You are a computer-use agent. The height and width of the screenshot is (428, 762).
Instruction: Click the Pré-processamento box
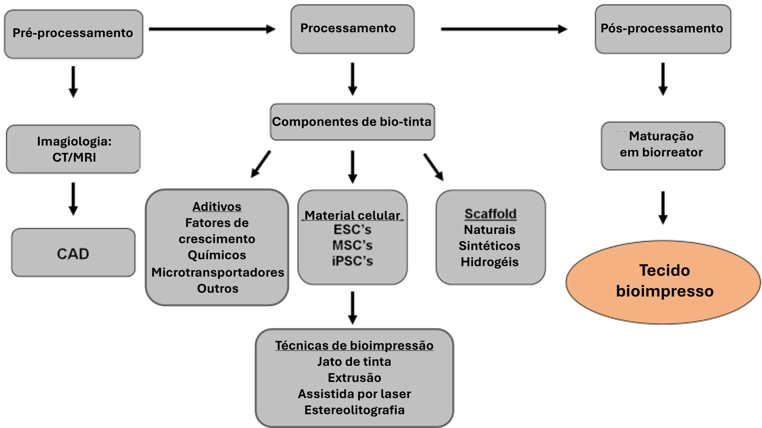pyautogui.click(x=73, y=34)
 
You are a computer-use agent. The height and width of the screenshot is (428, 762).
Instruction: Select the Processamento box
pyautogui.click(x=352, y=29)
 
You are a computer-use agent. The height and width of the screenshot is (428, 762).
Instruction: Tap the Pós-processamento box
pyautogui.click(x=663, y=29)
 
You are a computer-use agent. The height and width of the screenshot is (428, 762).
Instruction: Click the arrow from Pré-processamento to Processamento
pyautogui.click(x=212, y=29)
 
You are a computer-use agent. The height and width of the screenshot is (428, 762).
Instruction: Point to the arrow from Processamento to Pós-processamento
pyautogui.click(x=504, y=29)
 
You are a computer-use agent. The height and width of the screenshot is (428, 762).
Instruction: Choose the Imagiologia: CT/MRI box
pyautogui.click(x=73, y=149)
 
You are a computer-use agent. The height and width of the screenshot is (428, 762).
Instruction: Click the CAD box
pyautogui.click(x=73, y=253)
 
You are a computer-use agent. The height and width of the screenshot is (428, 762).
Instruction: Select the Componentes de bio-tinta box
pyautogui.click(x=352, y=122)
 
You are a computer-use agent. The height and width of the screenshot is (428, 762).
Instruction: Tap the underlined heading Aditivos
pyautogui.click(x=217, y=207)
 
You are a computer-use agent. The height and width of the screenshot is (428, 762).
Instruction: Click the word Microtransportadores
pyautogui.click(x=218, y=272)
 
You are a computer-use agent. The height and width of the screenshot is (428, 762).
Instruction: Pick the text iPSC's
pyautogui.click(x=352, y=261)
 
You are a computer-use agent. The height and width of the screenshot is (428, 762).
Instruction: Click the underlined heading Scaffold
pyautogui.click(x=490, y=214)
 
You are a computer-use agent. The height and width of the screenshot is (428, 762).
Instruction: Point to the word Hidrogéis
pyautogui.click(x=490, y=262)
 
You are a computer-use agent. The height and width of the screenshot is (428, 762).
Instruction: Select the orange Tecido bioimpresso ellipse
pyautogui.click(x=663, y=282)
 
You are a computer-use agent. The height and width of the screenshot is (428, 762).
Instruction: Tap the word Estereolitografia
pyautogui.click(x=354, y=410)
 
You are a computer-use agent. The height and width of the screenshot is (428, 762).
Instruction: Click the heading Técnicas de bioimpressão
pyautogui.click(x=354, y=346)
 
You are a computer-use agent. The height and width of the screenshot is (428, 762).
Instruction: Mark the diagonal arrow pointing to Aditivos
pyautogui.click(x=261, y=164)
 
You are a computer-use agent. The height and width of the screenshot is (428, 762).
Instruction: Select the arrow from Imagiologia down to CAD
pyautogui.click(x=73, y=199)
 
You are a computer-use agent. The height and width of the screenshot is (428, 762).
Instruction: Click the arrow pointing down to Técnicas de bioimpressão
pyautogui.click(x=352, y=308)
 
